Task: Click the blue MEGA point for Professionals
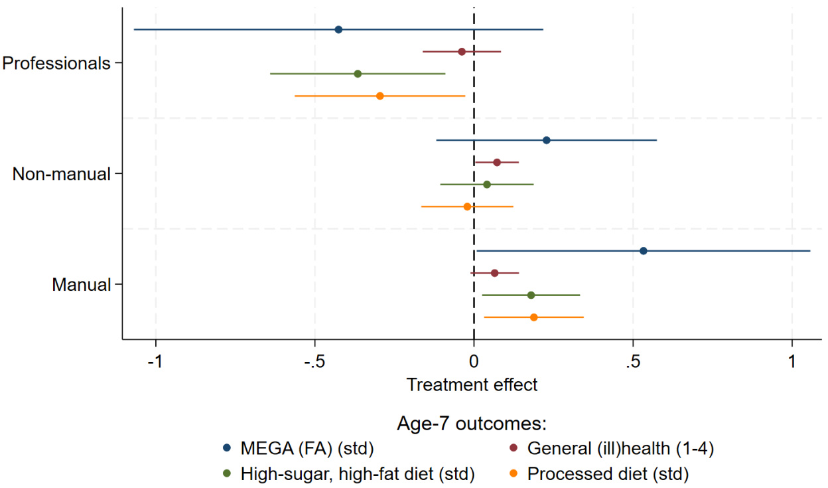[x=338, y=30]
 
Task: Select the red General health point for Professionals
[x=462, y=52]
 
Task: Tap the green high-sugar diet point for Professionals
[x=358, y=74]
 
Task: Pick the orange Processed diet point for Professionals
[x=380, y=96]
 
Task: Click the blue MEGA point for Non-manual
[x=546, y=140]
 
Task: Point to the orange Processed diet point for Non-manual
[x=467, y=206]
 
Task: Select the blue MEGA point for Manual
[x=644, y=251]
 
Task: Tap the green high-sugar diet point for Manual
[x=531, y=295]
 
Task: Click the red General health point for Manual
[x=494, y=273]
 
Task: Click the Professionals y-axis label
[x=56, y=64]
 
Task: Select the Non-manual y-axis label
[x=61, y=175]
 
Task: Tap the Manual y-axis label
[x=81, y=285]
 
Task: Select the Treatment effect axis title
[x=472, y=384]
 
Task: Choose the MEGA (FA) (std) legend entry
[x=307, y=449]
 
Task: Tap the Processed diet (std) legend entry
[x=608, y=474]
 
